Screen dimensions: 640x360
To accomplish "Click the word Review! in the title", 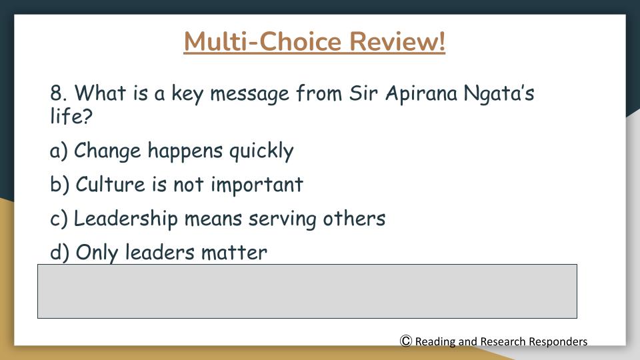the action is [397, 41].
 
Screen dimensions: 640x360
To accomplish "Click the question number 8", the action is [59, 93].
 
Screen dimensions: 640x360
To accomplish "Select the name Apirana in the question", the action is [421, 94].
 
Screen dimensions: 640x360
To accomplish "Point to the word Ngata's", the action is [499, 94].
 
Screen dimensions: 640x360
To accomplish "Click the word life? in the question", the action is [71, 116].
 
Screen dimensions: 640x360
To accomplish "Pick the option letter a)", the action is [59, 150].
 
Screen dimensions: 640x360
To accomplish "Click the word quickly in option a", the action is [261, 151].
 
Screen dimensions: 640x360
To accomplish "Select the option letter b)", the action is [59, 184].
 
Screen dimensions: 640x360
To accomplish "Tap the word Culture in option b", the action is [110, 184].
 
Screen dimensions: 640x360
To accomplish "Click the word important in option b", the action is [257, 185].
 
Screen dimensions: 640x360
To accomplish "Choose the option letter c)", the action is [59, 219].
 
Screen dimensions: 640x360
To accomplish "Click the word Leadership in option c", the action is [126, 219].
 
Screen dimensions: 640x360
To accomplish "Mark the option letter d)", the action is [59, 252].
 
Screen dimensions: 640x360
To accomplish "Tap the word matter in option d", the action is [234, 253].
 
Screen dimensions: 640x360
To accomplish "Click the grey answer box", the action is [307, 291].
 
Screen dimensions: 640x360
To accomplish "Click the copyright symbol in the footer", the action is [406, 341].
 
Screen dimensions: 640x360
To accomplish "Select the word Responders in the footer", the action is [558, 341].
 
